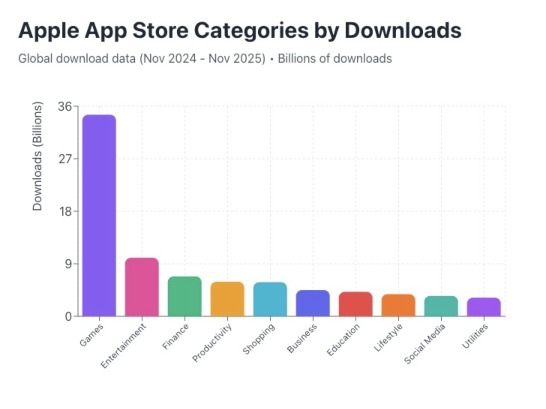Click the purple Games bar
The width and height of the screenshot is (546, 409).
pyautogui.click(x=99, y=215)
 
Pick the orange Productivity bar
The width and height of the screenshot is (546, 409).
pyautogui.click(x=227, y=299)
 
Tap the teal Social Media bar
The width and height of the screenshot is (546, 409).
pyautogui.click(x=441, y=306)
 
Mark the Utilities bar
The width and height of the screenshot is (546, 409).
pyautogui.click(x=484, y=307)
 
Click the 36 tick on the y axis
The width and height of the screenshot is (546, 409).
pyautogui.click(x=64, y=107)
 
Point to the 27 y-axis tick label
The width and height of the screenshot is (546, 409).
pyautogui.click(x=64, y=159)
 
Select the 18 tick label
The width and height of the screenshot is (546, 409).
pyautogui.click(x=64, y=212)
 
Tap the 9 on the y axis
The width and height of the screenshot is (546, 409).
pyautogui.click(x=68, y=264)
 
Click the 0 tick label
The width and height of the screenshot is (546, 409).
pyautogui.click(x=68, y=317)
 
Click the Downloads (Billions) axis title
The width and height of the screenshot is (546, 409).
pyautogui.click(x=37, y=156)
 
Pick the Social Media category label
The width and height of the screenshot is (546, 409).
pyautogui.click(x=424, y=344)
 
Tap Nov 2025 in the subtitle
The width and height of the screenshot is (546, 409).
pyautogui.click(x=237, y=59)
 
